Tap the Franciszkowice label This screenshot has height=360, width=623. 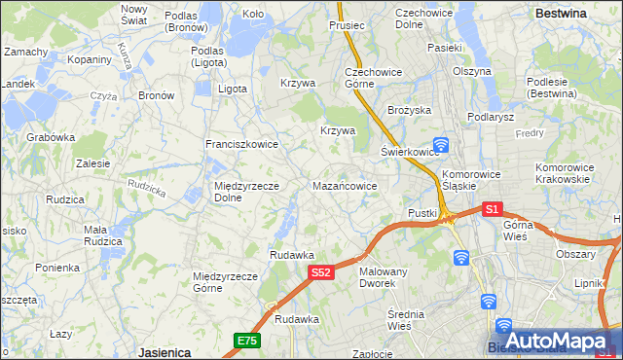coord(241,144)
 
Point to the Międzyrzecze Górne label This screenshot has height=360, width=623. coord(225,281)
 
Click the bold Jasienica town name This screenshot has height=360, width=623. coord(164,352)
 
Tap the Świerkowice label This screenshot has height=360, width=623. coord(406,152)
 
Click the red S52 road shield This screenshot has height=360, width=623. coord(323,273)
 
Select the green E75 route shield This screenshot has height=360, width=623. coord(246,340)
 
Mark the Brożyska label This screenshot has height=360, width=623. coord(409,110)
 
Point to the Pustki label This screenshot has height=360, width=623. coord(422,213)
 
